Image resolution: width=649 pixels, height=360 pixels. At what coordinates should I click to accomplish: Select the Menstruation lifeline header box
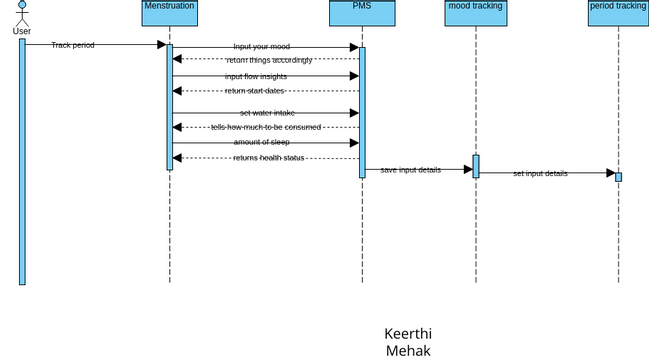click(x=169, y=14)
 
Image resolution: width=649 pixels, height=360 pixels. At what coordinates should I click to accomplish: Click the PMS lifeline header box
click(x=362, y=14)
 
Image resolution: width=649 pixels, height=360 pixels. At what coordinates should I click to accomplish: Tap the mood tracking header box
click(x=475, y=14)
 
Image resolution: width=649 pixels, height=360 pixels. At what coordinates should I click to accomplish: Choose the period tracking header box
click(x=617, y=14)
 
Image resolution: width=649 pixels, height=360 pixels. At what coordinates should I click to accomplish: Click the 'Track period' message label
click(x=73, y=45)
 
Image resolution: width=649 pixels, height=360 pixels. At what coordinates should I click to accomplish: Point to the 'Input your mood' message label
click(x=261, y=47)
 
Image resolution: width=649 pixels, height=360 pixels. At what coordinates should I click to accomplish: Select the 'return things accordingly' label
click(x=269, y=60)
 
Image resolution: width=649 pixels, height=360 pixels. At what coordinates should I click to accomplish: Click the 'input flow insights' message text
click(x=256, y=76)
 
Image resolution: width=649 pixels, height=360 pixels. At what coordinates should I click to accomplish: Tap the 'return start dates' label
click(x=255, y=91)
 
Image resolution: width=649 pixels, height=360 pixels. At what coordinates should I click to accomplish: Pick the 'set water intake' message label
click(x=267, y=113)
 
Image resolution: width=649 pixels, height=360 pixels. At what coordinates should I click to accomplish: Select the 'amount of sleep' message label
click(x=262, y=142)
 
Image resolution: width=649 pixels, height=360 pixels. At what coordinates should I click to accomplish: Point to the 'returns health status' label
click(x=269, y=158)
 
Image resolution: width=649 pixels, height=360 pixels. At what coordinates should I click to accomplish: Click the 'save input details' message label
click(x=410, y=170)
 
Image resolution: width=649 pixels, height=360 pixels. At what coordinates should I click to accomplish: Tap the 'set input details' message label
click(x=540, y=173)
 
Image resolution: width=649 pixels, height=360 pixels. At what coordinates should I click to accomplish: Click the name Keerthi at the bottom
click(x=408, y=333)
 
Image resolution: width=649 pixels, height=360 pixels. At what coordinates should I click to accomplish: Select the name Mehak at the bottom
click(x=408, y=350)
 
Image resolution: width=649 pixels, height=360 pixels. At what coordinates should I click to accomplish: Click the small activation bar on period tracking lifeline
click(x=618, y=177)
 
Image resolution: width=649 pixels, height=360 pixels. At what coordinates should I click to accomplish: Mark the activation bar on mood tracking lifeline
click(x=476, y=166)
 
